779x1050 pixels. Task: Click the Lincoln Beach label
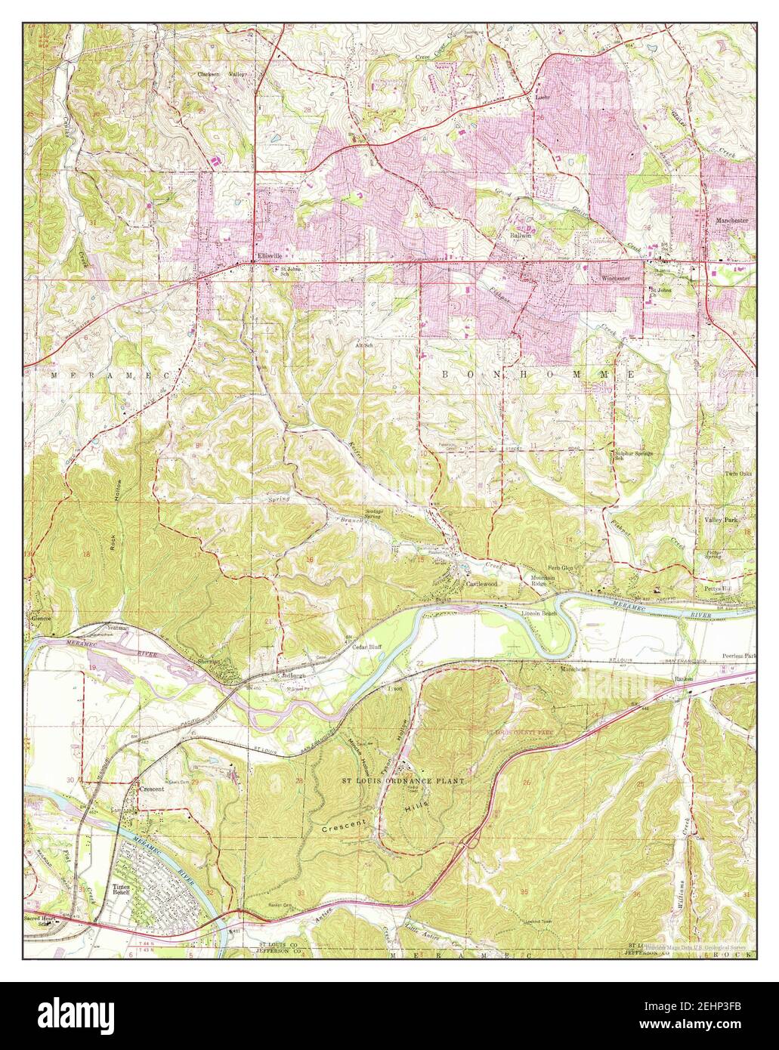pos(539,613)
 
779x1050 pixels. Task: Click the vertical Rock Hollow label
pos(118,502)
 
